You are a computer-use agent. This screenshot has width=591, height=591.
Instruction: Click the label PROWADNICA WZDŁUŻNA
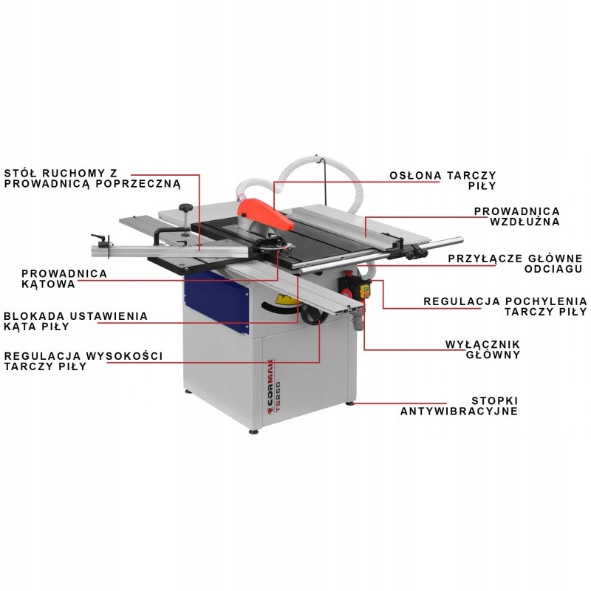516,216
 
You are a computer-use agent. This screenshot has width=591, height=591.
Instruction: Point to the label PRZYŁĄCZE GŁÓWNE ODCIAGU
516,264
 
